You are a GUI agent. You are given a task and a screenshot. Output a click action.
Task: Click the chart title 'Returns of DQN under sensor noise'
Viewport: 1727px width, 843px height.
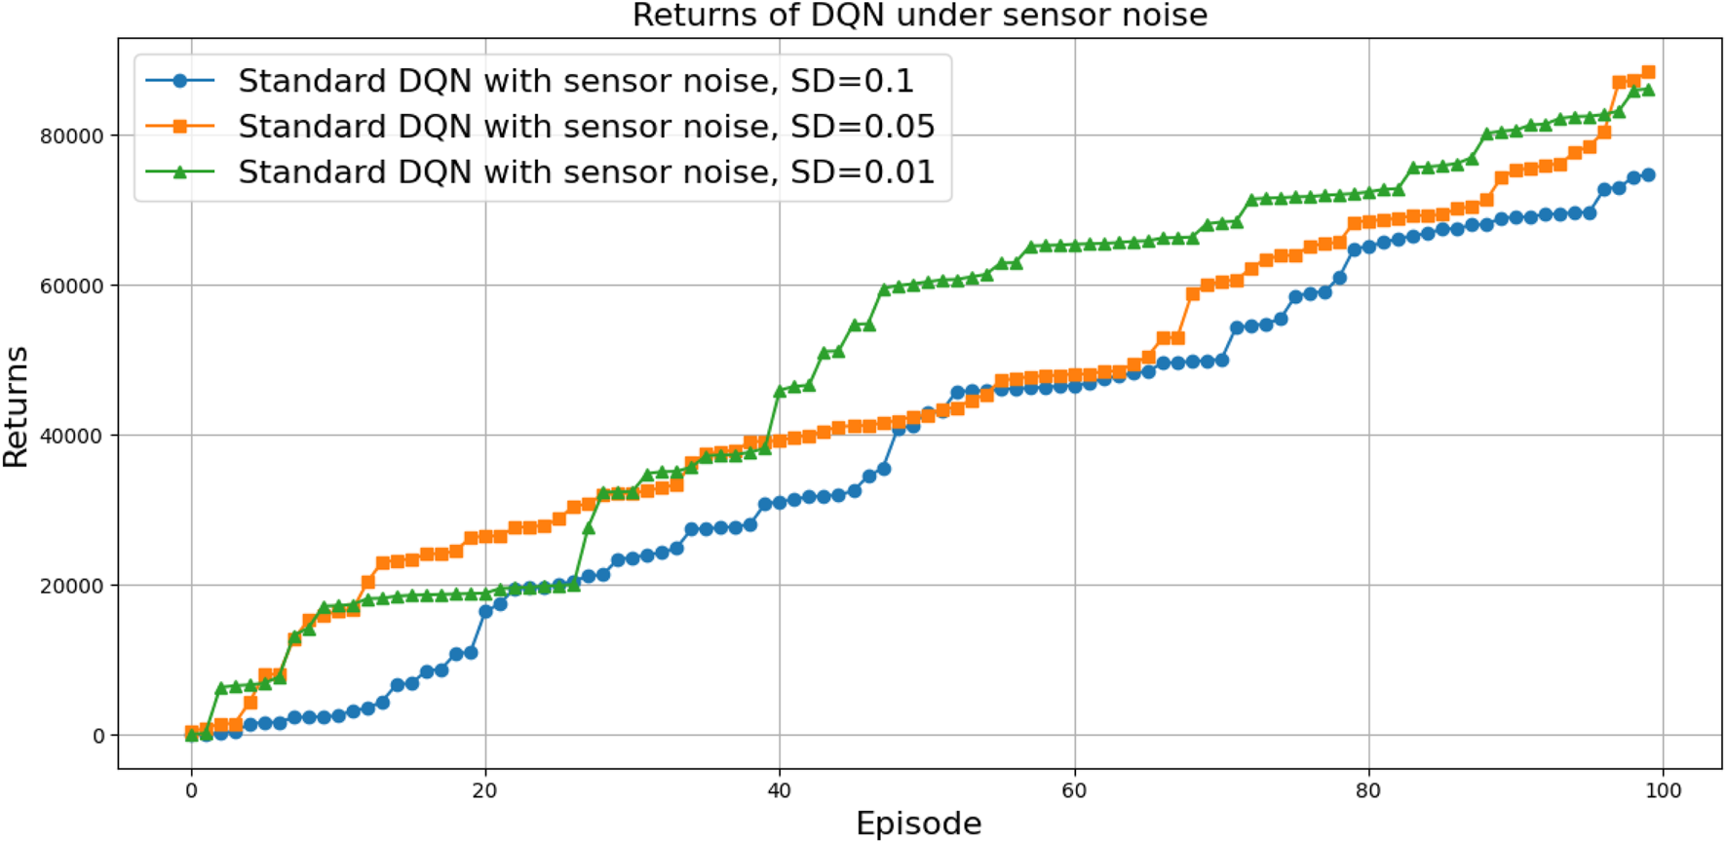click(x=919, y=16)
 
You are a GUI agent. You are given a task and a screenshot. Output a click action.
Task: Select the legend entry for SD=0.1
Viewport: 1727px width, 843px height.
click(x=576, y=81)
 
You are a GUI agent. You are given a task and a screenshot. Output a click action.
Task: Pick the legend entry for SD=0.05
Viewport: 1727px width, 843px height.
click(x=586, y=127)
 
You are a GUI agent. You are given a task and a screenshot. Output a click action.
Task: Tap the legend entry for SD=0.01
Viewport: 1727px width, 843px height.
click(x=586, y=172)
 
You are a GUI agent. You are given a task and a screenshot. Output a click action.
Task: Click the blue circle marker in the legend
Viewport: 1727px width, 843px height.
click(x=179, y=81)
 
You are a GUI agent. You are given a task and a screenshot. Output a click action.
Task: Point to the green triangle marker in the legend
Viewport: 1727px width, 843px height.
click(x=179, y=172)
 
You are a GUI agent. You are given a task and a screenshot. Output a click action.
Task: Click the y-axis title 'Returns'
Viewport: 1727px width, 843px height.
click(x=17, y=406)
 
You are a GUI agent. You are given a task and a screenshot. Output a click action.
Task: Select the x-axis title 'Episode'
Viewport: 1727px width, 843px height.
click(x=918, y=824)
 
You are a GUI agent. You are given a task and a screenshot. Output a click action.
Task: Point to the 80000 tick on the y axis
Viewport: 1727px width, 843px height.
click(x=71, y=136)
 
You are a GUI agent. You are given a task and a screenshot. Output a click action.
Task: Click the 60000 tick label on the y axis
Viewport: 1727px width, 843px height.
click(x=71, y=287)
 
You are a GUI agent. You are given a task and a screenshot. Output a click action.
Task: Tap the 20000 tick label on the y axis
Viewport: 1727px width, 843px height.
click(x=71, y=586)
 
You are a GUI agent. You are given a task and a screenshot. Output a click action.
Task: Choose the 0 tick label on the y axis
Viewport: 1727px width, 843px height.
click(x=98, y=737)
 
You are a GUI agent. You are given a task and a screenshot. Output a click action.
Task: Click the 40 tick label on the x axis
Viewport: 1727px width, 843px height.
click(x=779, y=790)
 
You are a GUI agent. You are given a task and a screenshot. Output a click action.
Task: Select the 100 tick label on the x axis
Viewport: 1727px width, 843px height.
click(x=1663, y=790)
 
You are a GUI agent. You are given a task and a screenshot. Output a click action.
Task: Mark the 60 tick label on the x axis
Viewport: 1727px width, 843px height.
click(x=1074, y=790)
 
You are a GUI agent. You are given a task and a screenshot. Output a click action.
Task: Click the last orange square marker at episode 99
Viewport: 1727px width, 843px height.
click(x=1648, y=72)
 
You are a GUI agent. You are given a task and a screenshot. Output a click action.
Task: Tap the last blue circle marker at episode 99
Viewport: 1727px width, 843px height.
click(x=1648, y=175)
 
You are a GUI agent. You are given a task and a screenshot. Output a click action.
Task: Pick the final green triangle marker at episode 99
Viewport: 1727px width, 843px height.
click(x=1648, y=91)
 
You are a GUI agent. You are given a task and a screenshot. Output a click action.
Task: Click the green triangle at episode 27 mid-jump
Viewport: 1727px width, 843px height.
click(x=589, y=528)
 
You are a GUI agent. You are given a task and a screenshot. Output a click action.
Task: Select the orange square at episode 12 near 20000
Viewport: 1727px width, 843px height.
click(x=367, y=582)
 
